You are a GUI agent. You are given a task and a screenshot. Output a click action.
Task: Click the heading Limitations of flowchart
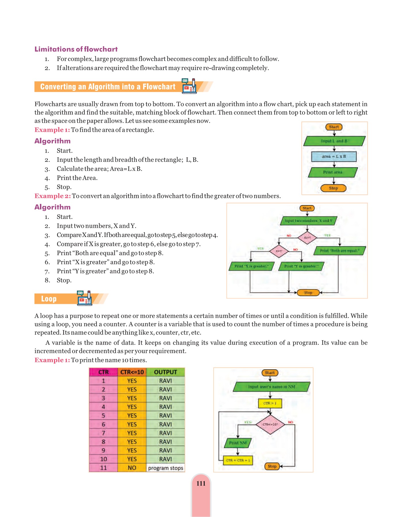coord(76,49)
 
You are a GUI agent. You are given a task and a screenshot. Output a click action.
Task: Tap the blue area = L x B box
coord(334,157)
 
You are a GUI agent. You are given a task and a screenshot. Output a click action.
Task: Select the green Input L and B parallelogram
coord(334,141)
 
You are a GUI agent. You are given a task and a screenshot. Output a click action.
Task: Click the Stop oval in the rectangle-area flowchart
coord(333,188)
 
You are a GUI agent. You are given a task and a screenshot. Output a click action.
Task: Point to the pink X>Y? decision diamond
coord(279,251)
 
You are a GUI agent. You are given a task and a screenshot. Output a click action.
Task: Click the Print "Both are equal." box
coord(339,251)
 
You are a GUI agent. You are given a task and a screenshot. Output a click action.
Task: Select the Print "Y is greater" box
coord(301,266)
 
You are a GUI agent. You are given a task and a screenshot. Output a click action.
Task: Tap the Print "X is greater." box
coord(251,266)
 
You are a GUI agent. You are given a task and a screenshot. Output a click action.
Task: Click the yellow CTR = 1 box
coord(270,403)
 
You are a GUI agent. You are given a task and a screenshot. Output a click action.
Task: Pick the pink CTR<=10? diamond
coord(270,424)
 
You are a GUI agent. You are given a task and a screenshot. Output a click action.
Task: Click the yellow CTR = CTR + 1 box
coord(238,460)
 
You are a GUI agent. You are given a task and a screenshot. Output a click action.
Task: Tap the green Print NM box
coord(238,443)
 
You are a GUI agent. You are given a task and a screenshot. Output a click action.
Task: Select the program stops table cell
coord(165,468)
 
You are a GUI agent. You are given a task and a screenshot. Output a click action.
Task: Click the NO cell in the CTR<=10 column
coord(132,468)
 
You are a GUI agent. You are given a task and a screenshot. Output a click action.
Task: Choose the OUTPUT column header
coord(165,372)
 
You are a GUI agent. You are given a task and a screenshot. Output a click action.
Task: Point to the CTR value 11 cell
coord(103,468)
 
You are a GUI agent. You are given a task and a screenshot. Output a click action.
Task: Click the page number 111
coord(201,483)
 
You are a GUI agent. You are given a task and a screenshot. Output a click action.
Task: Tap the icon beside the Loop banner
coord(84,298)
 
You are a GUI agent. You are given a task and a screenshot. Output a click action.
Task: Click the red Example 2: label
coord(53,196)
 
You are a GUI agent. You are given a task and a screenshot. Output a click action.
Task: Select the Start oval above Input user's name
coord(270,373)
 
